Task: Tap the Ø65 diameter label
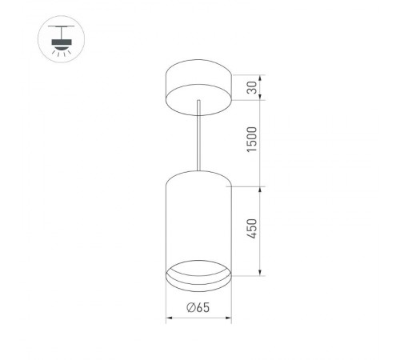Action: pyautogui.click(x=198, y=308)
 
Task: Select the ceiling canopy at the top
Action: pyautogui.click(x=197, y=83)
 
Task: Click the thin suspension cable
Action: pyautogui.click(x=197, y=136)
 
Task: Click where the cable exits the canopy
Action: pyautogui.click(x=197, y=101)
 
